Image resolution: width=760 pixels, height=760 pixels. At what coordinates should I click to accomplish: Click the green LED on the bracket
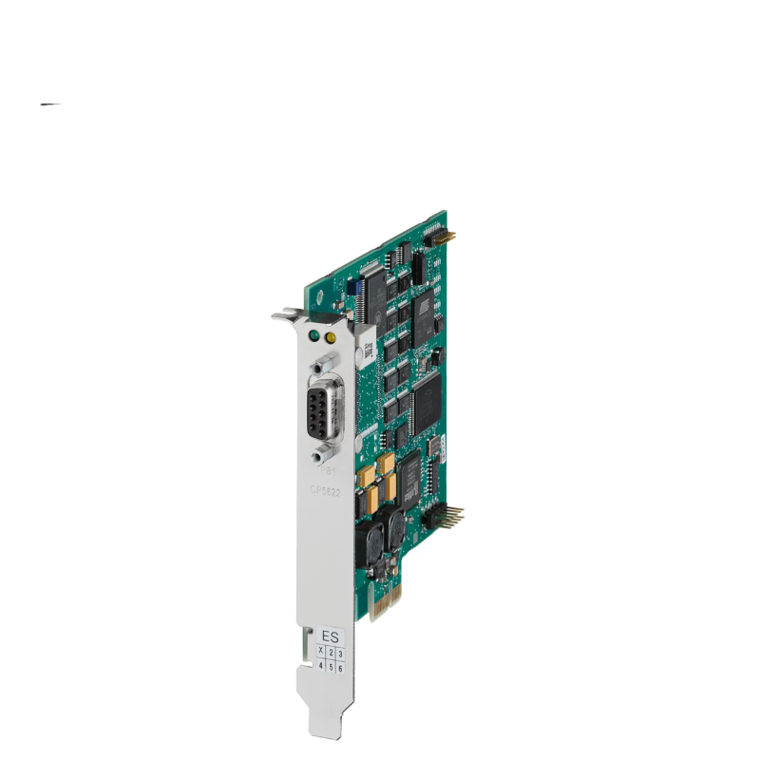pos(313,335)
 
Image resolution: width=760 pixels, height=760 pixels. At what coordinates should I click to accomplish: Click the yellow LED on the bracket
pos(330,337)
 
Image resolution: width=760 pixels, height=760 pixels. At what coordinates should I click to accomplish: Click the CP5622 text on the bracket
pos(327,490)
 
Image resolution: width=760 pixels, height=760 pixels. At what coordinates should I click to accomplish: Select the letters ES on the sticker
pos(330,636)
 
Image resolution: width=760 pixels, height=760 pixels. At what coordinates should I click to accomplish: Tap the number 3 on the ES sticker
pos(340,653)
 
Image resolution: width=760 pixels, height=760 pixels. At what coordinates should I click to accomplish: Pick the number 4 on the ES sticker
pos(321,667)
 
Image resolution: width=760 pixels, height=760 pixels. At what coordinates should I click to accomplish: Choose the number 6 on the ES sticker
pos(340,668)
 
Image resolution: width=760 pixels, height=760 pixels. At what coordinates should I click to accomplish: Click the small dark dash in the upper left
pos(51,104)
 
